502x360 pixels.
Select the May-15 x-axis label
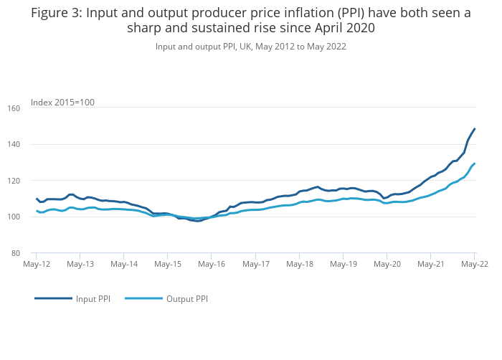point(167,265)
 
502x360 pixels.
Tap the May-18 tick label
point(299,265)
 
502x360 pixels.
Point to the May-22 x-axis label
point(474,265)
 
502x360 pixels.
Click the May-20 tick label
point(387,265)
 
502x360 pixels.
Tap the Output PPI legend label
point(186,298)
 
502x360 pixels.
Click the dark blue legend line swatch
point(53,298)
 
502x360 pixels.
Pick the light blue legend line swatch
point(143,298)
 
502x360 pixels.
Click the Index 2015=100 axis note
point(62,103)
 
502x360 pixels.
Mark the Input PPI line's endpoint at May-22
point(475,129)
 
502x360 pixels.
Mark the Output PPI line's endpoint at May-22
point(475,164)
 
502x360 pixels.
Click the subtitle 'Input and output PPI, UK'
point(206,47)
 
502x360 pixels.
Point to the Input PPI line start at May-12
point(37,199)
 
